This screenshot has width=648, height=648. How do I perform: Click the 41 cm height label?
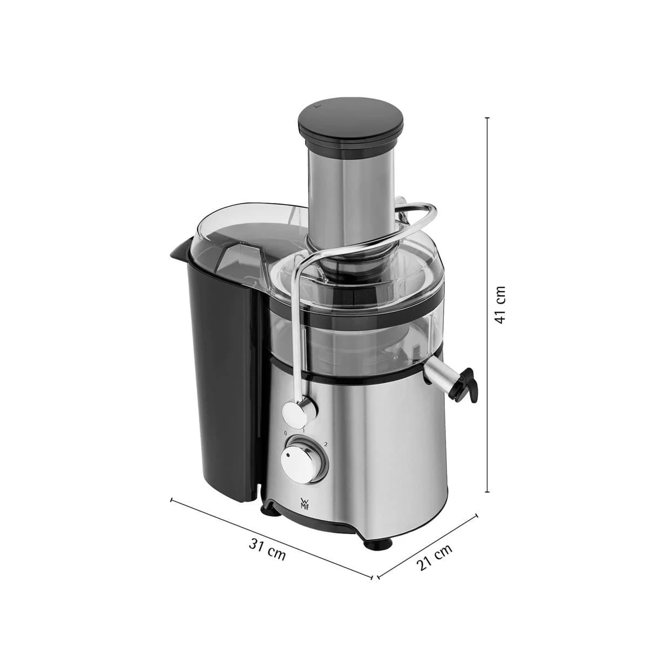point(501,305)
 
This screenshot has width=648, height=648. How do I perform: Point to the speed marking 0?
point(286,433)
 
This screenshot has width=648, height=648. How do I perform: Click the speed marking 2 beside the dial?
point(326,444)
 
